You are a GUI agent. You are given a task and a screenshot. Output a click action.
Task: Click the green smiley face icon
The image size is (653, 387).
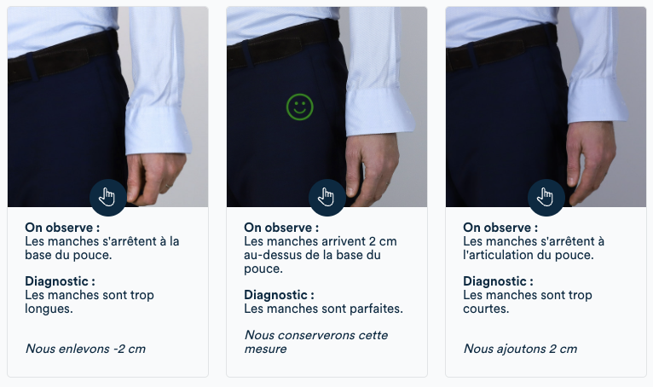(x=299, y=107)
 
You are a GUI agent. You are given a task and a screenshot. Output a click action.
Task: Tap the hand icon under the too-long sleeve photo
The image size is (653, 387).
(x=107, y=198)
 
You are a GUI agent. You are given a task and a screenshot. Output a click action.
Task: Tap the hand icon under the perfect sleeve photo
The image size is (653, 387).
(x=326, y=198)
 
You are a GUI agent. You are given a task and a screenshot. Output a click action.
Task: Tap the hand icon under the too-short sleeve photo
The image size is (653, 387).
(x=546, y=198)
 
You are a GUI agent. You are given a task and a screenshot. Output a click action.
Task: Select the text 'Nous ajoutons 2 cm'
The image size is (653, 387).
(x=520, y=349)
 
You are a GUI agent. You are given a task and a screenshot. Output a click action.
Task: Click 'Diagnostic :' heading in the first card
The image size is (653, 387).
(x=60, y=281)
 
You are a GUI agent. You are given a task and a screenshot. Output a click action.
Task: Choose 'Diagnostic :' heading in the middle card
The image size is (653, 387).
(x=279, y=295)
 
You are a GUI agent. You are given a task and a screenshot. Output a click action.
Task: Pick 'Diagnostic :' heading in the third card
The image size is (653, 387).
(x=498, y=281)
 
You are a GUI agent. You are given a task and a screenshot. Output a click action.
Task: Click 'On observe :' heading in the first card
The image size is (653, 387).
(x=62, y=228)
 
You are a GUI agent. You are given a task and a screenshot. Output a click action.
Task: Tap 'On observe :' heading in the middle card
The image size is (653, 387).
(x=281, y=228)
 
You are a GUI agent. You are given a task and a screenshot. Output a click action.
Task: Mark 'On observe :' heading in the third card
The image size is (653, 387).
(x=500, y=228)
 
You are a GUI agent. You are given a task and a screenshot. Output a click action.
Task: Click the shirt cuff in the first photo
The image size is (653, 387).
(x=157, y=128)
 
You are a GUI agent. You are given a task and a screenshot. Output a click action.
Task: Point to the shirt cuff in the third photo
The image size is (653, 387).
(x=597, y=98)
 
